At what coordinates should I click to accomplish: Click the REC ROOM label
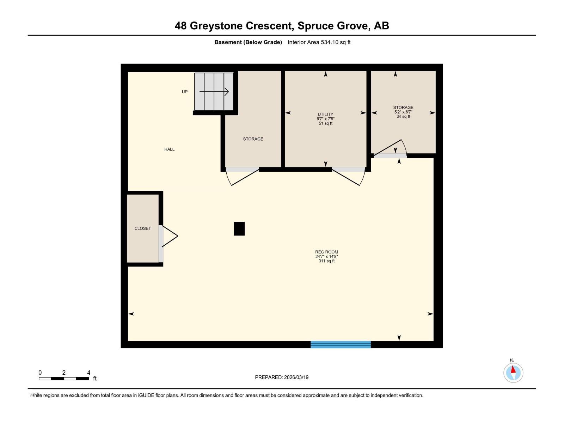326,252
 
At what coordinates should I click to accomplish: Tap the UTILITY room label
325,114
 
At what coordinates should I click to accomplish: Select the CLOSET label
142,228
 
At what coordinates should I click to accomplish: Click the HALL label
169,149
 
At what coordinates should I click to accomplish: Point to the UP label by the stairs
185,92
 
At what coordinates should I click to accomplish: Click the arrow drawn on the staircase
214,92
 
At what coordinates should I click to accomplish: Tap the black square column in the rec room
239,228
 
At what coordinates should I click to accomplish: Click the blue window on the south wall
341,344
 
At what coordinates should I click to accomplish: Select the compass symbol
513,373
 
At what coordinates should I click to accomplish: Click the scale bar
64,379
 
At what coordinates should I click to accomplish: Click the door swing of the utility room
347,176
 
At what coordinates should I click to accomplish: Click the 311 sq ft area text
326,261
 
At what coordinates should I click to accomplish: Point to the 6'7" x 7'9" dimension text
325,119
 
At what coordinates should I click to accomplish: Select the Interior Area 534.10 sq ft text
319,42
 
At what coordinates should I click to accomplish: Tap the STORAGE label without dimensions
253,139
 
